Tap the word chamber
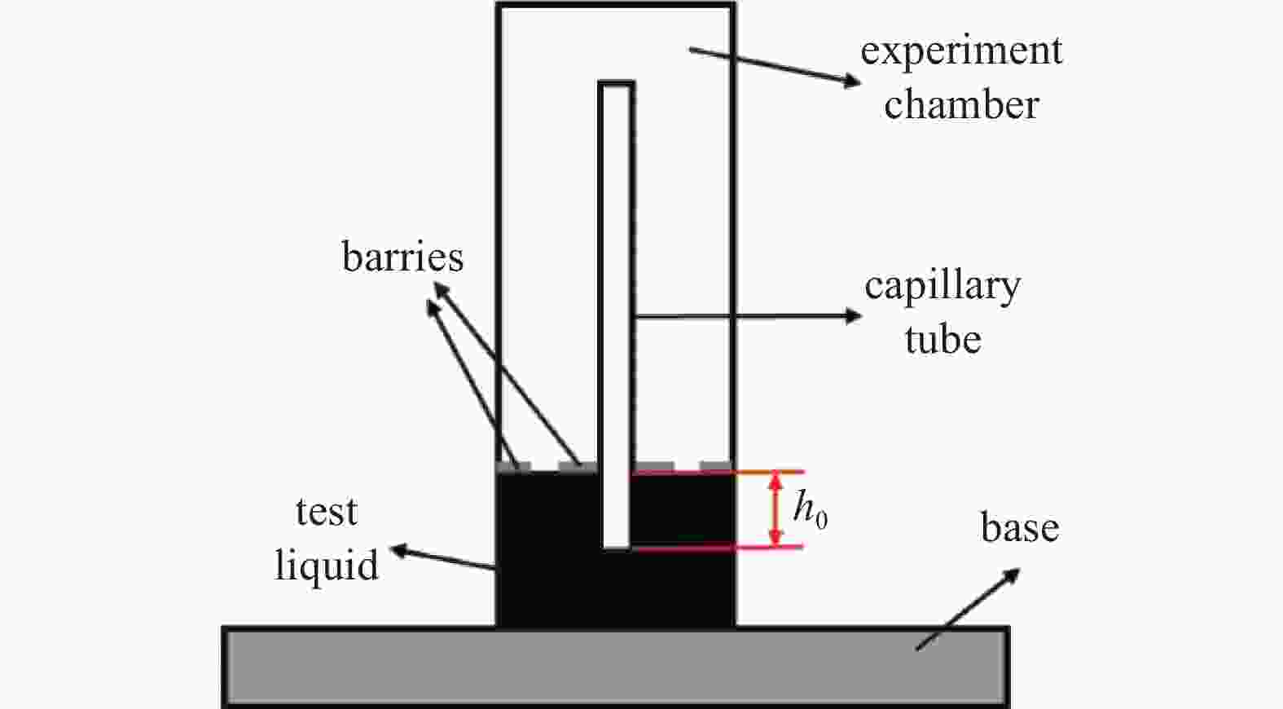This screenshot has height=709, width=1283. pyautogui.click(x=962, y=104)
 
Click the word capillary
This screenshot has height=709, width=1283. pyautogui.click(x=942, y=288)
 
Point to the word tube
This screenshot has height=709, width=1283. pyautogui.click(x=943, y=338)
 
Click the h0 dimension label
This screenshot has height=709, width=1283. pyautogui.click(x=810, y=509)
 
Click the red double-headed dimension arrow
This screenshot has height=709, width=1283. pyautogui.click(x=775, y=509)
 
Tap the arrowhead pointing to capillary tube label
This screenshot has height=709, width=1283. pyautogui.click(x=854, y=316)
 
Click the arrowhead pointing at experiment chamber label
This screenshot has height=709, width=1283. pyautogui.click(x=852, y=81)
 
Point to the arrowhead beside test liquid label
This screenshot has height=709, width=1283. pyautogui.click(x=398, y=550)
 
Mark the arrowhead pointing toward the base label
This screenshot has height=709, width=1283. pyautogui.click(x=1012, y=575)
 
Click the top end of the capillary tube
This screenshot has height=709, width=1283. pyautogui.click(x=617, y=84)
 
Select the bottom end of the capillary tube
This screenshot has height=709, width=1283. pyautogui.click(x=617, y=547)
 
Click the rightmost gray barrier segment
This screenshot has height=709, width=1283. pyautogui.click(x=715, y=465)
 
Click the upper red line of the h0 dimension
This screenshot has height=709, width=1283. pyautogui.click(x=718, y=473)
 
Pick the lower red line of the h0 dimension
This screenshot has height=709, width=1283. pyautogui.click(x=718, y=548)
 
